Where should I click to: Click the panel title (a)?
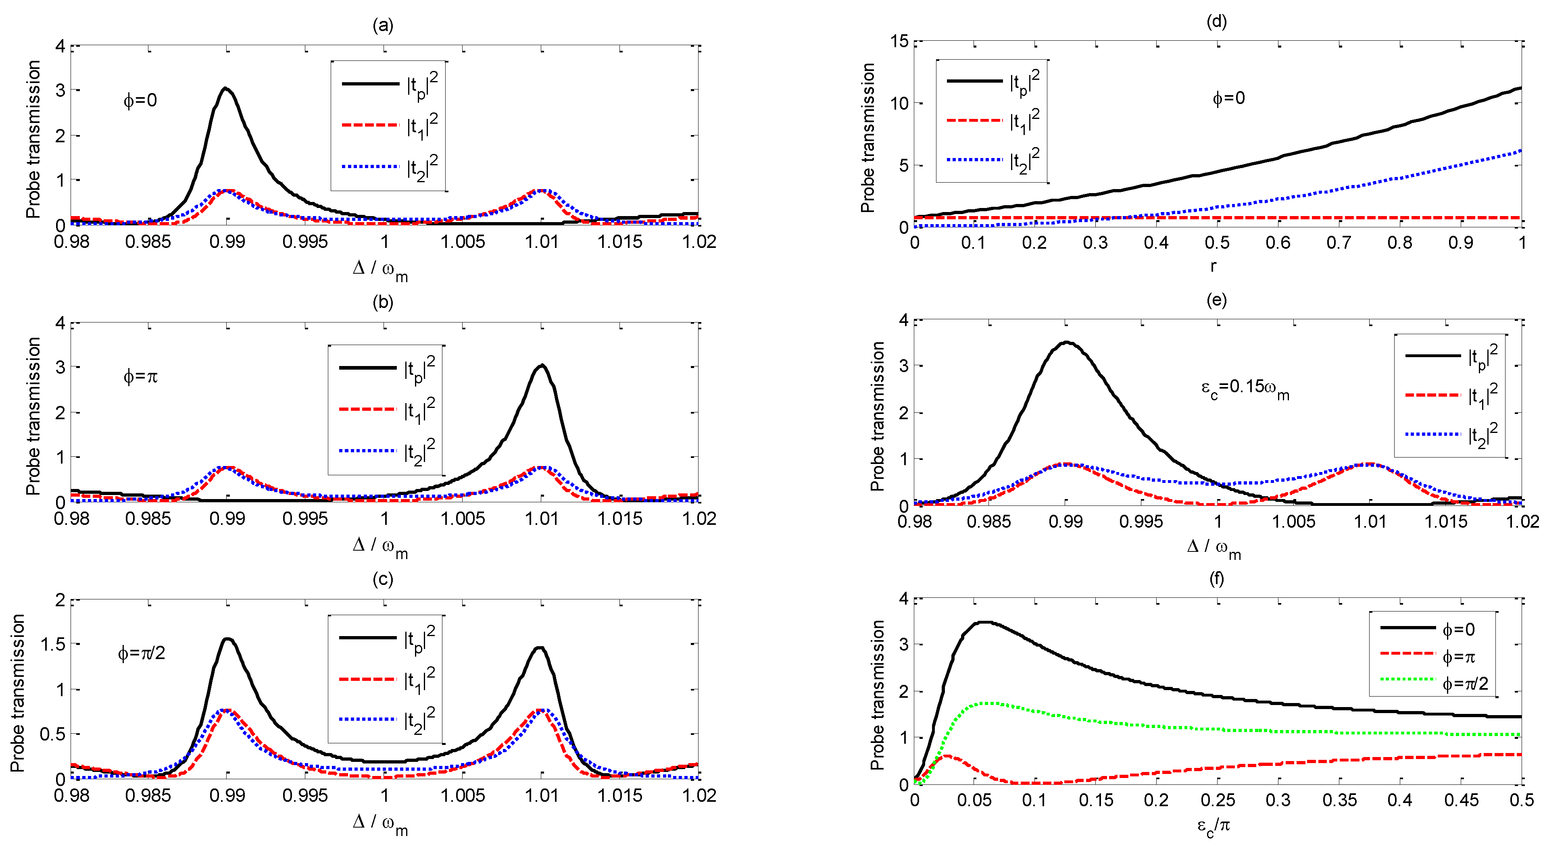[383, 25]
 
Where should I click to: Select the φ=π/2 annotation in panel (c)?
[142, 653]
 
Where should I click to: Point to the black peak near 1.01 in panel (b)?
[542, 366]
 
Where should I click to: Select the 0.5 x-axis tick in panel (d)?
[1217, 243]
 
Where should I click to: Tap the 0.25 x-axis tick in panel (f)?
[1217, 801]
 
